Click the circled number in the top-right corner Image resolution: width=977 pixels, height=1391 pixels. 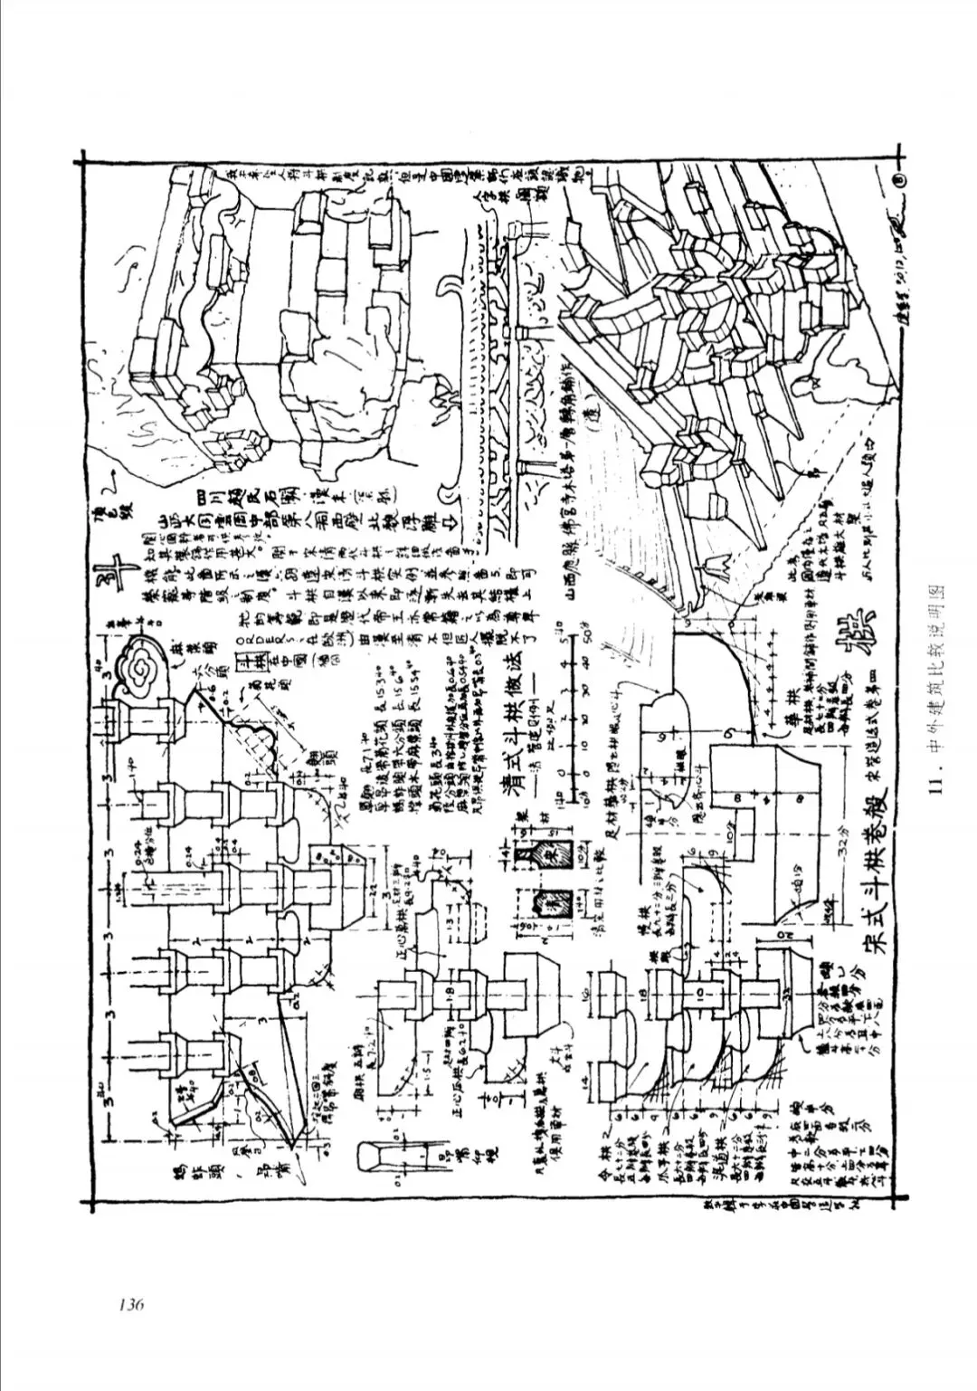point(898,180)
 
